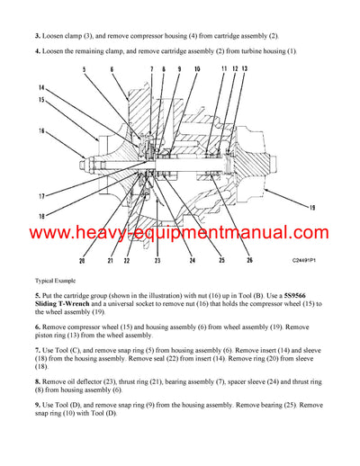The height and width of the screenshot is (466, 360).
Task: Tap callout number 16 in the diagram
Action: click(x=40, y=130)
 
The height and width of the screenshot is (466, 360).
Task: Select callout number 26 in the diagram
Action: click(x=248, y=262)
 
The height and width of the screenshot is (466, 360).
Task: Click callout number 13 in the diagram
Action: click(x=245, y=69)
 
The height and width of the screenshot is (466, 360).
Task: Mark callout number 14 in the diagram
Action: click(x=40, y=87)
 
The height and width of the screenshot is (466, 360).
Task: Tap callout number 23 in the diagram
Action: click(x=157, y=262)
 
